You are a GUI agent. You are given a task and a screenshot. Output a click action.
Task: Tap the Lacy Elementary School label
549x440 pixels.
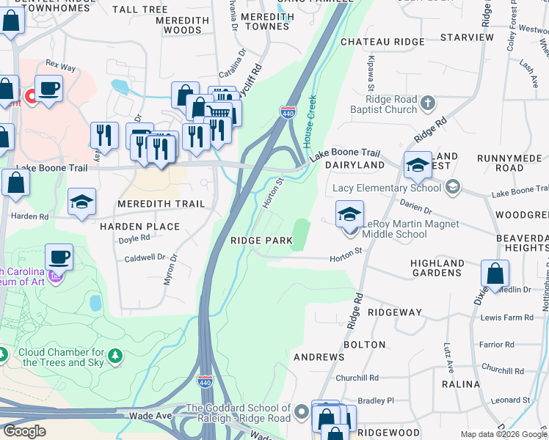[387, 188]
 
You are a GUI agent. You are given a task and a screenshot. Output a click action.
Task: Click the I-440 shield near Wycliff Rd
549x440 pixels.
[287, 111]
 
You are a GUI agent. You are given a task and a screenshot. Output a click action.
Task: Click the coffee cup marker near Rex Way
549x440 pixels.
[49, 89]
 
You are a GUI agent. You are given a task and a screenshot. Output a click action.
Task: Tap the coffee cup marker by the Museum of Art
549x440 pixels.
[59, 258]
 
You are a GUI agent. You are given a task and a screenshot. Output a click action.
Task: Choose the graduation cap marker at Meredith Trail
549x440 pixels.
[82, 202]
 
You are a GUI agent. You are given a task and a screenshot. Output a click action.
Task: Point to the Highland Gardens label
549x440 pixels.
[437, 268]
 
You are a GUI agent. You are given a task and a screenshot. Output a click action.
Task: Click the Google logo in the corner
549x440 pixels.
[24, 431]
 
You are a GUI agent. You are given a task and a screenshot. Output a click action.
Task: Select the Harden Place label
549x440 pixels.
[139, 227]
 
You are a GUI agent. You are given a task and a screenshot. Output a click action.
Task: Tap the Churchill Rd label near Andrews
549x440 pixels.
[357, 378]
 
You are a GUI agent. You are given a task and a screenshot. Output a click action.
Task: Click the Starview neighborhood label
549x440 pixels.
[467, 37]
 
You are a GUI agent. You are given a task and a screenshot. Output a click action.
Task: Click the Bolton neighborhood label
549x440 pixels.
[364, 344]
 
